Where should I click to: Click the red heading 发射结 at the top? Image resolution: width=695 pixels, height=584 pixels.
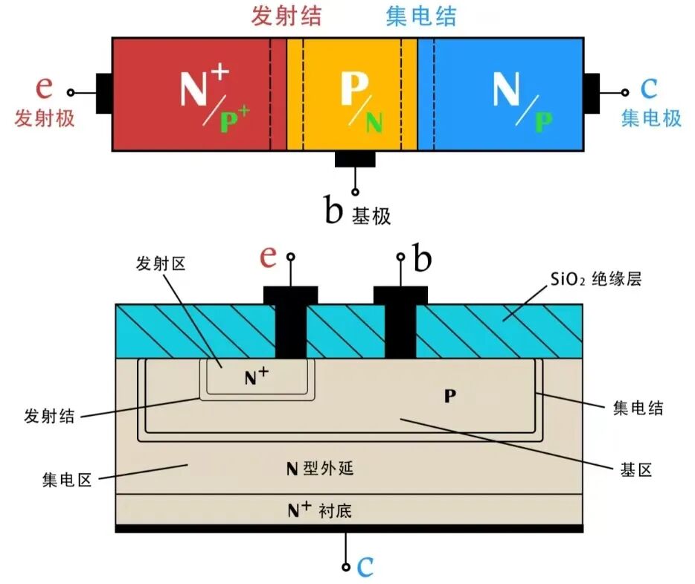[x=286, y=16]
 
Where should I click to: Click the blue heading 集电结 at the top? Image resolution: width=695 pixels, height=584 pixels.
[x=420, y=16]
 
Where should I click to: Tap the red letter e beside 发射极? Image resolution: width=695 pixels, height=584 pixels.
[x=45, y=87]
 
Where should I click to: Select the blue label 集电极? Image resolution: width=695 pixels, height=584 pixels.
[x=651, y=118]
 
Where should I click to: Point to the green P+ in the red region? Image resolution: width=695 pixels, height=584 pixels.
[x=235, y=119]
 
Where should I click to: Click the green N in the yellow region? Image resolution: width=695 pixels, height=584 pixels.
[x=374, y=122]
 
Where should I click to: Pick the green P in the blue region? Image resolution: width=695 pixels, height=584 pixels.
[x=544, y=122]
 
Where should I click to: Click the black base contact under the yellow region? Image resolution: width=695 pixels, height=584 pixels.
[x=355, y=159]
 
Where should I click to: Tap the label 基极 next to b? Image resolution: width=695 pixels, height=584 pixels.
[x=371, y=216]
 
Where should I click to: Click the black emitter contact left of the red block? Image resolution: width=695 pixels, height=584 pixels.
[x=104, y=93]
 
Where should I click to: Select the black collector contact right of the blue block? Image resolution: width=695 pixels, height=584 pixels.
[x=592, y=93]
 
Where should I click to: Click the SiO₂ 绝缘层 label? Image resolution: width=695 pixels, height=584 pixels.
[x=596, y=279]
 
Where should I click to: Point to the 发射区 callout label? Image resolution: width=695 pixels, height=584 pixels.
[x=161, y=263]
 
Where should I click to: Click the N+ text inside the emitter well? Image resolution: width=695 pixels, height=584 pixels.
[x=257, y=376]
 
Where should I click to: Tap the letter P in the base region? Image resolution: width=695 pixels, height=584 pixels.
[x=450, y=396]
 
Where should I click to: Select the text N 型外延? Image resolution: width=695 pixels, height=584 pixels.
[x=320, y=469]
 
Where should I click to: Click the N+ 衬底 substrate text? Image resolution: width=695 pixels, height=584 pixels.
[x=319, y=510]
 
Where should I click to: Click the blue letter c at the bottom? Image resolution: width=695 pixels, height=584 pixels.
[x=365, y=567]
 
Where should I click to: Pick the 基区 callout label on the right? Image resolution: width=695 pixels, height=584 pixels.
[x=636, y=469]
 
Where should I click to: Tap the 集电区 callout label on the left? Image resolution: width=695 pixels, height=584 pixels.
[x=67, y=480]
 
